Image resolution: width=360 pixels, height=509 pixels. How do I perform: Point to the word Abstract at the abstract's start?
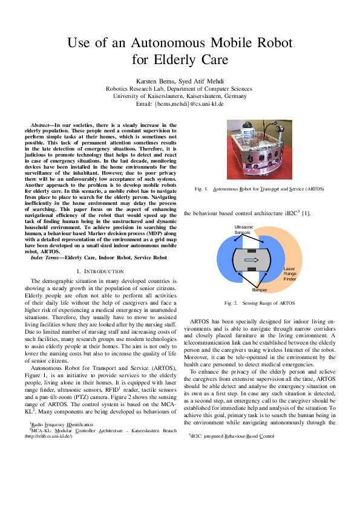[41, 125]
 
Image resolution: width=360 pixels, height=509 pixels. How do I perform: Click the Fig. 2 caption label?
[232, 302]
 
